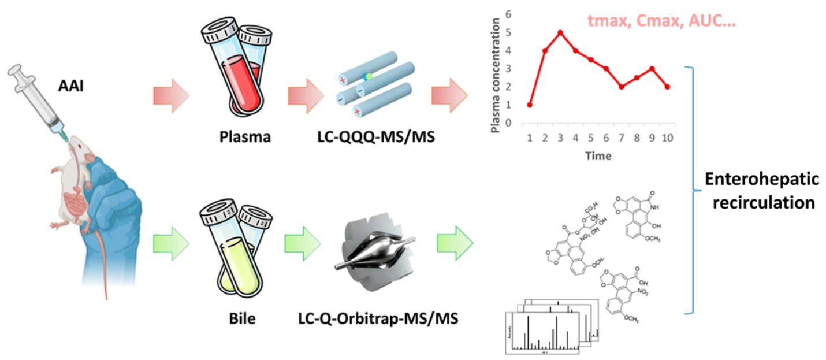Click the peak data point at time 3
(560, 32)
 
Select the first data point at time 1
(530, 105)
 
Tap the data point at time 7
(621, 87)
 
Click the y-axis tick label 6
(508, 14)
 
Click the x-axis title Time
(598, 155)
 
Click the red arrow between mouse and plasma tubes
(171, 94)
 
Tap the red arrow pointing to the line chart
(448, 94)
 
